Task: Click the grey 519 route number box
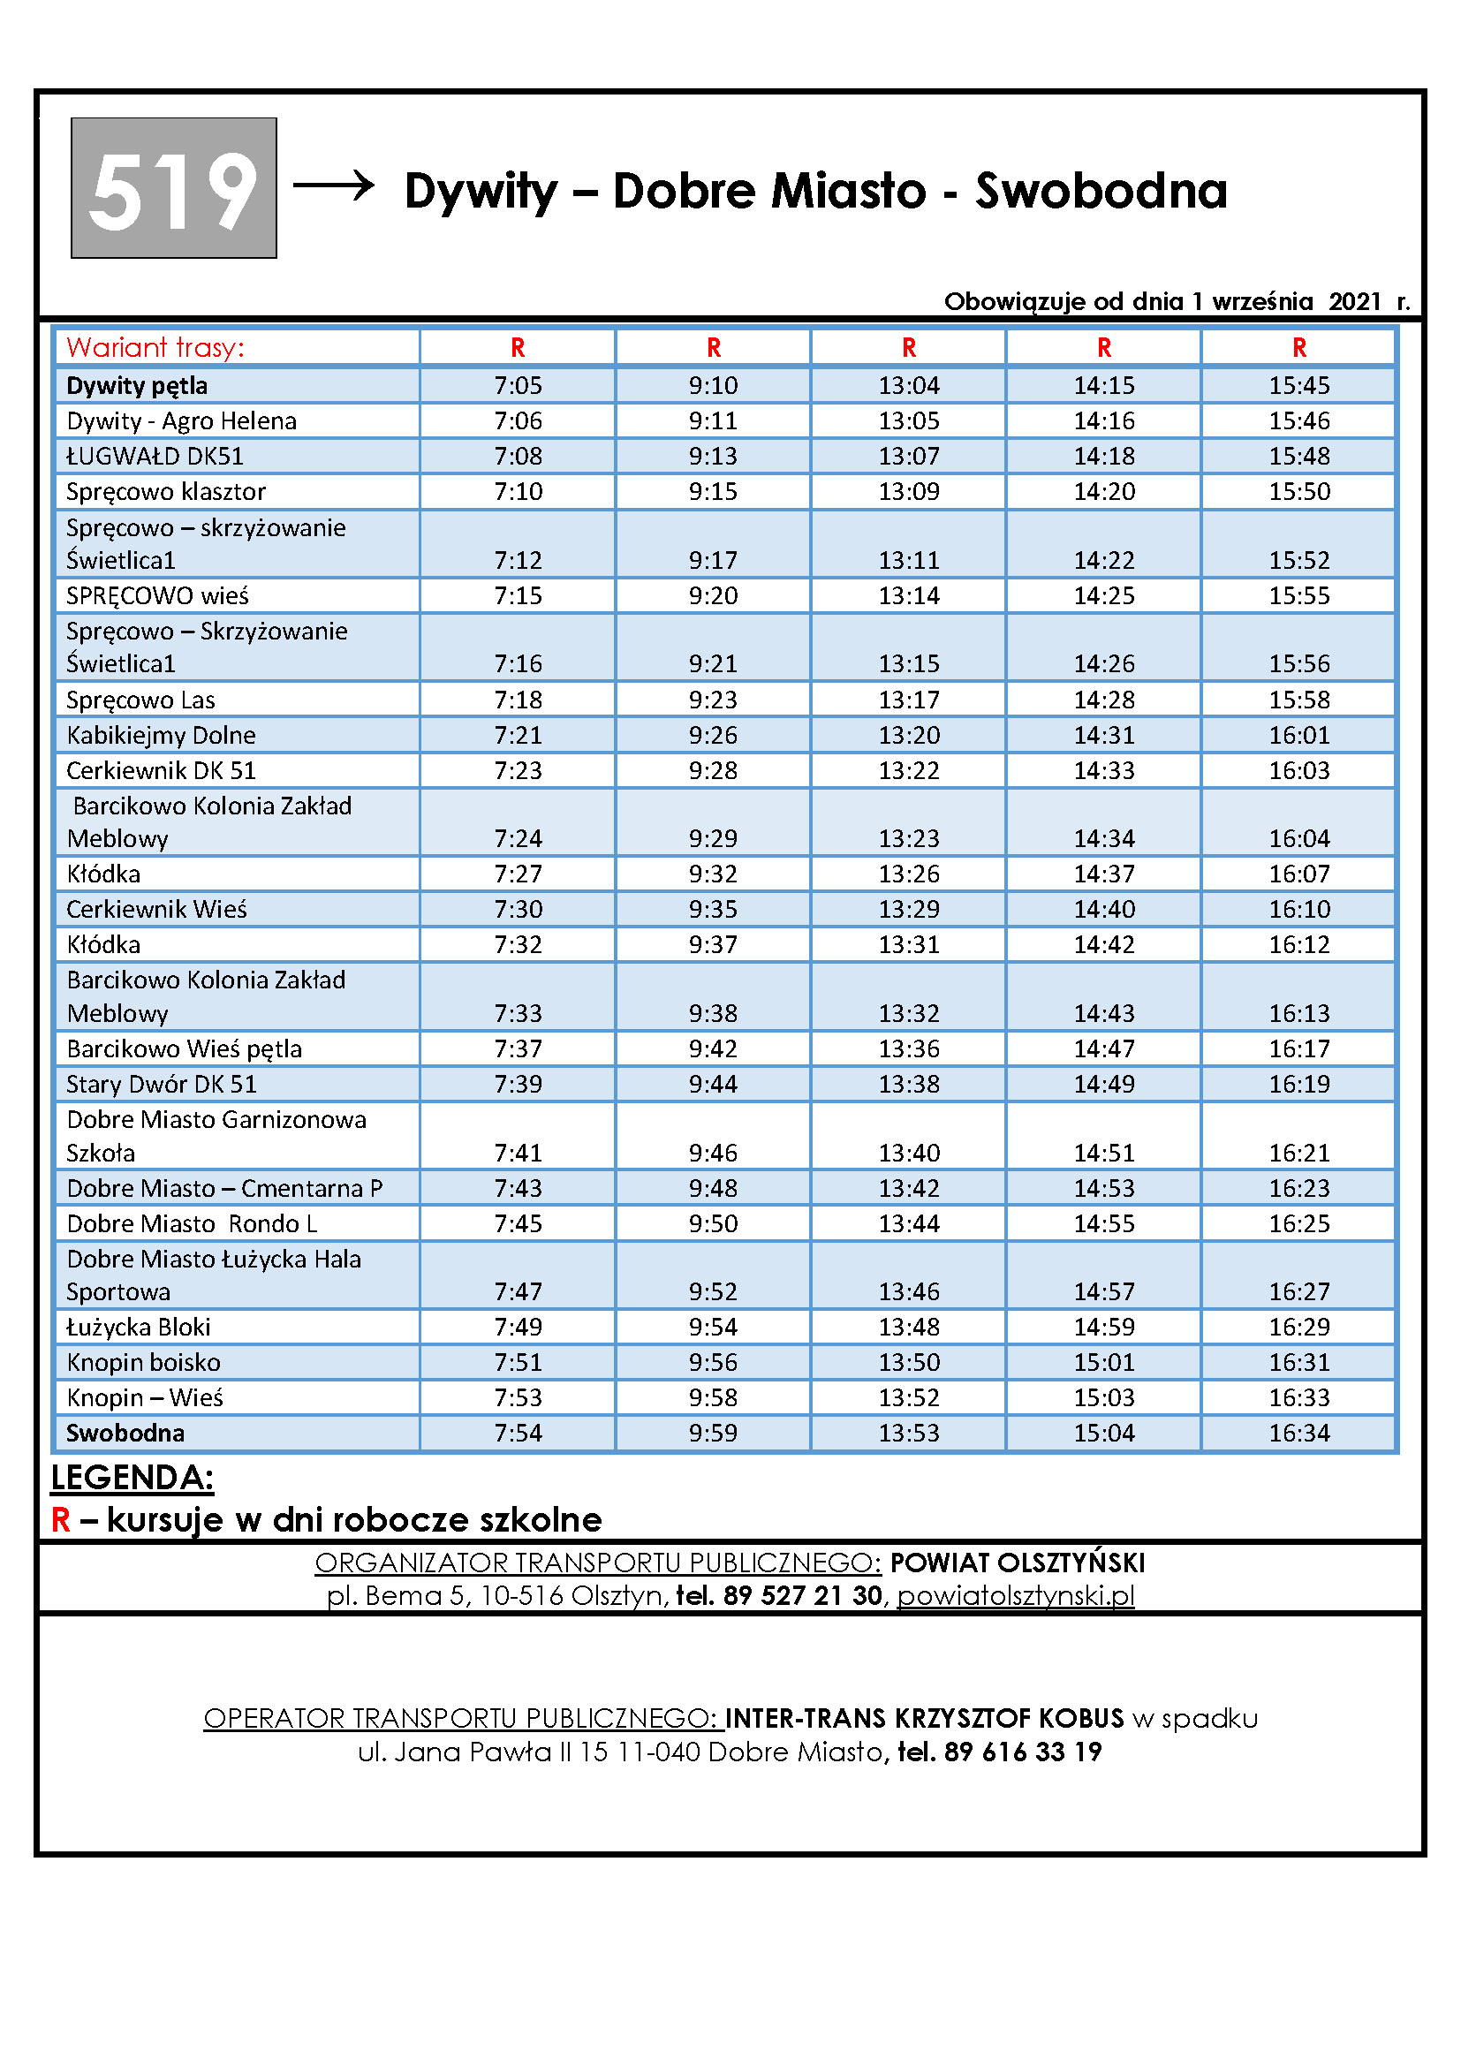[x=174, y=188]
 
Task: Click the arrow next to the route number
[x=334, y=185]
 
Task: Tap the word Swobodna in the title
[x=1101, y=192]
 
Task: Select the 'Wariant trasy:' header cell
[x=155, y=347]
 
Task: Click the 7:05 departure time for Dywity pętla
[x=519, y=385]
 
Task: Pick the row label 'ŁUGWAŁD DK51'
[x=155, y=456]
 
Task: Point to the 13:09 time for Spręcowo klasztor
[x=909, y=491]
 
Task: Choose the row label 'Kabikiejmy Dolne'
[x=161, y=735]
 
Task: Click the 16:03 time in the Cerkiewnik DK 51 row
[x=1299, y=770]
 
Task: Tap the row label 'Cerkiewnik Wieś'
[x=156, y=909]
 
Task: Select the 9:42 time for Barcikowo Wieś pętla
[x=714, y=1048]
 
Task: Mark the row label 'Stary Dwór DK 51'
[x=162, y=1085]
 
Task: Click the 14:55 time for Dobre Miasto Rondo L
[x=1104, y=1223]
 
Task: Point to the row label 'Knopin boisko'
[x=144, y=1362]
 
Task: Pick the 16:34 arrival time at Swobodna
[x=1299, y=1433]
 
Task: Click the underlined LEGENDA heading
[x=132, y=1479]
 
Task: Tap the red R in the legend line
[x=60, y=1520]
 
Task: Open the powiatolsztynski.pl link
[x=1016, y=1595]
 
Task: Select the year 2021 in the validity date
[x=1355, y=301]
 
